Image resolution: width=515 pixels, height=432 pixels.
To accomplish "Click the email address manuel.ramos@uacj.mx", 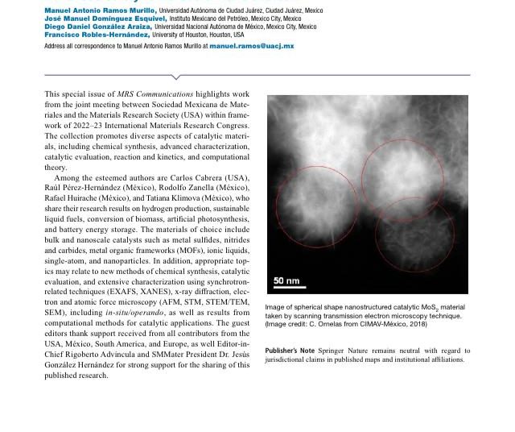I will (251, 47).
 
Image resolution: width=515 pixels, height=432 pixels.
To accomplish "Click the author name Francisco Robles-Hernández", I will (97, 35).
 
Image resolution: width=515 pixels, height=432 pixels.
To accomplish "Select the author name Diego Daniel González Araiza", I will (97, 27).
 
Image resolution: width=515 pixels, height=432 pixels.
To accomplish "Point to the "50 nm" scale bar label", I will (286, 280).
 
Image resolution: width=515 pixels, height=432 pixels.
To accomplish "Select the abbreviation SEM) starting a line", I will (55, 312).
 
